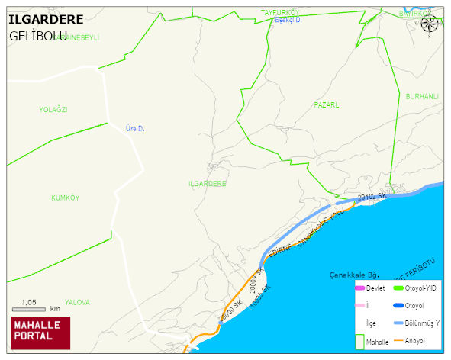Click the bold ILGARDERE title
45,19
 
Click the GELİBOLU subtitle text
38,36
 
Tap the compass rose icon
430,23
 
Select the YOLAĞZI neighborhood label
53,110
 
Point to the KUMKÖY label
66,198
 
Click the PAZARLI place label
327,104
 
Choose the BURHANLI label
422,97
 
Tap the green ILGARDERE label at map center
208,185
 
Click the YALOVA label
77,302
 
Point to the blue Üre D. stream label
135,129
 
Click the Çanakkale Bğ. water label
354,274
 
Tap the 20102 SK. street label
372,196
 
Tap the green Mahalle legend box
359,342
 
